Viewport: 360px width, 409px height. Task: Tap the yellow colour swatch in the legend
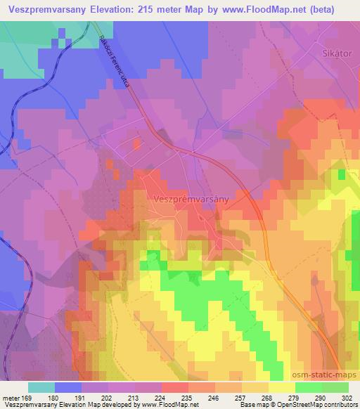coord(281,387)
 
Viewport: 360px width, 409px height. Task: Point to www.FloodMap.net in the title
coord(277,9)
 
